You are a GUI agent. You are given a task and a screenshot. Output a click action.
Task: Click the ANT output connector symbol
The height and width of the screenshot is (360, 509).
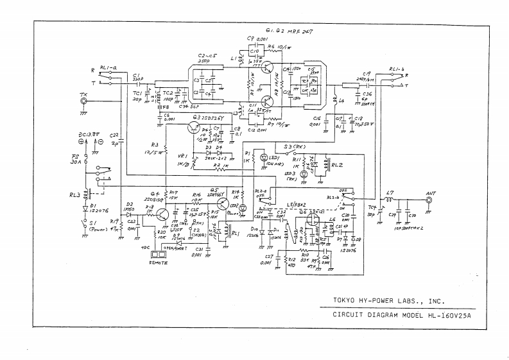[x=429, y=200]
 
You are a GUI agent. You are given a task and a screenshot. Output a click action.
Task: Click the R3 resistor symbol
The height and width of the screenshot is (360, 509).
[x=166, y=150]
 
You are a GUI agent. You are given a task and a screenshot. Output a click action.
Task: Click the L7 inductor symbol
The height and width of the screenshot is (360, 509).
[x=390, y=200]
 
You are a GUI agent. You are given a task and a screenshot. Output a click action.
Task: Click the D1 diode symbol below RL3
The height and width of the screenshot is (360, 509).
[x=85, y=208]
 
